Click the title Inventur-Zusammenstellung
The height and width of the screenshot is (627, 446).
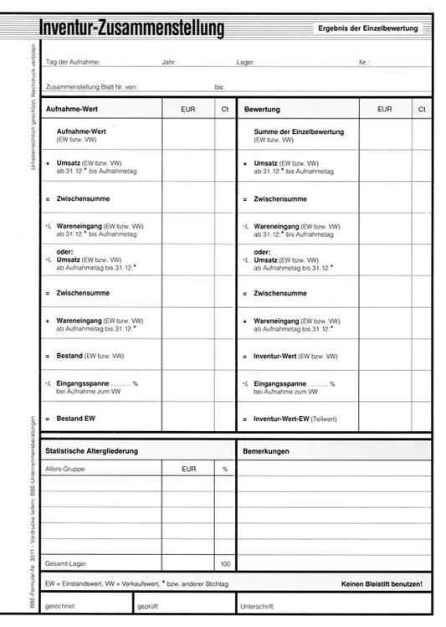tap(133, 30)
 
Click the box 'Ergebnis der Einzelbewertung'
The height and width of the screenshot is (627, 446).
tap(367, 28)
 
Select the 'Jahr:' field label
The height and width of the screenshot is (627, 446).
tap(169, 63)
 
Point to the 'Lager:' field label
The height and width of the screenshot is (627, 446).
tap(247, 63)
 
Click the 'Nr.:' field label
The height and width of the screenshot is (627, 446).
tap(364, 63)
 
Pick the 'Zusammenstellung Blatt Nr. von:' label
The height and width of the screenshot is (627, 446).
tap(92, 86)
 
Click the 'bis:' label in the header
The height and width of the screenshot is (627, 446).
tap(220, 86)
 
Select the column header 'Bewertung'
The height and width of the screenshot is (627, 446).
tap(262, 110)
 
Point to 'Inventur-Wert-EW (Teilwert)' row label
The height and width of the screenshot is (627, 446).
tap(294, 418)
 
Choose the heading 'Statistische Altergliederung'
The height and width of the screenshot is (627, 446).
tap(91, 451)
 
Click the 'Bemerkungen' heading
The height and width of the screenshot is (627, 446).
tap(265, 451)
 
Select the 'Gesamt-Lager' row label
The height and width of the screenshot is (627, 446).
tap(64, 563)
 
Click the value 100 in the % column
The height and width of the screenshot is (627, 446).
tap(224, 563)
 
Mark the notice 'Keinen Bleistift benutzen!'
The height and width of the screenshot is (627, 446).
tap(382, 583)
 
